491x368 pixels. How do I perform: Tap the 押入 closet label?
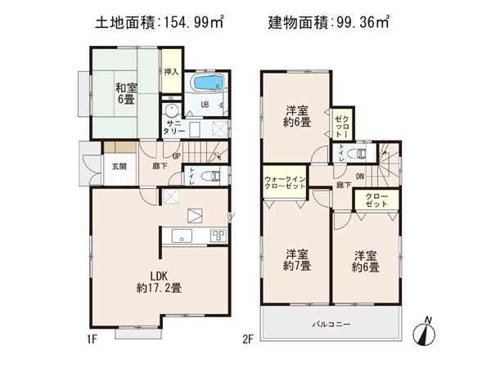tap(170, 73)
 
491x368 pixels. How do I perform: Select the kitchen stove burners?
tap(218, 236)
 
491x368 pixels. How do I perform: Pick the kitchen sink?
tap(179, 237)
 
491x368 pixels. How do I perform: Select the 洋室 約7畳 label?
tap(297, 259)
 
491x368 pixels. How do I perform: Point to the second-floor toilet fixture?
tap(357, 153)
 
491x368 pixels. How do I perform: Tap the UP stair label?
tap(176, 157)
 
